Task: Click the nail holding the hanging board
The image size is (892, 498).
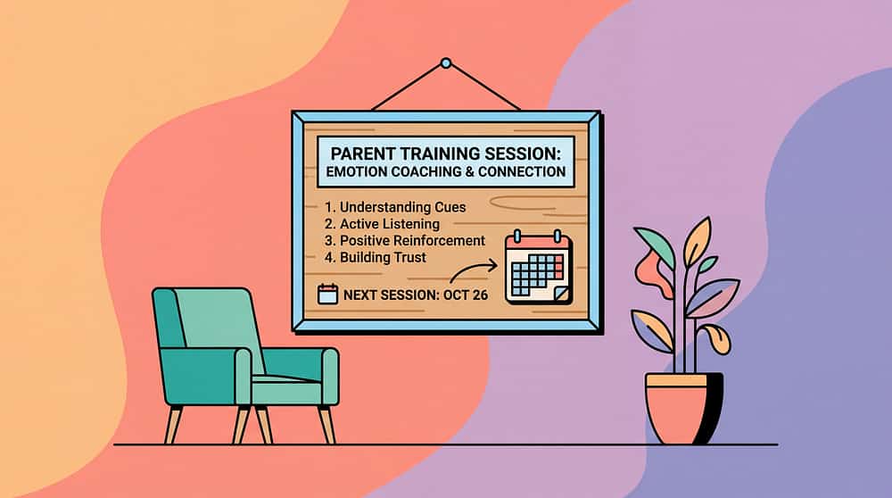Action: point(446,62)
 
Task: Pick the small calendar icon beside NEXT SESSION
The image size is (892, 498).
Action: point(327,294)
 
